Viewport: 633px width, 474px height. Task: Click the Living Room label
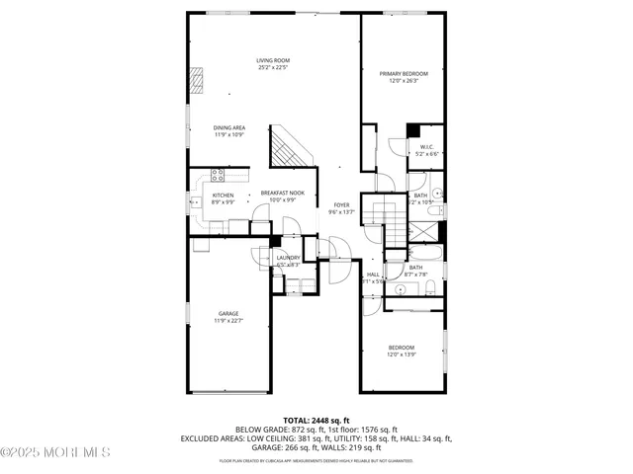pyautogui.click(x=273, y=61)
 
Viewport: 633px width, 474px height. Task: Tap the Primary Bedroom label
pyautogui.click(x=404, y=74)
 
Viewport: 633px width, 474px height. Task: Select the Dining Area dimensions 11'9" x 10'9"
pyautogui.click(x=229, y=134)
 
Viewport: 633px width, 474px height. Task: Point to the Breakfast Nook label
pyautogui.click(x=282, y=193)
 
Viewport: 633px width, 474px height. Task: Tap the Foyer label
pyautogui.click(x=341, y=203)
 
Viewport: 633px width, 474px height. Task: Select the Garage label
pyautogui.click(x=228, y=313)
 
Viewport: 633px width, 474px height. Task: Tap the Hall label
pyautogui.click(x=373, y=275)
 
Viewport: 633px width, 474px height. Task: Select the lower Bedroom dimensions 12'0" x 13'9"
pyautogui.click(x=402, y=355)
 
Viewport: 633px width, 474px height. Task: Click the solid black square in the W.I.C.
pyautogui.click(x=413, y=132)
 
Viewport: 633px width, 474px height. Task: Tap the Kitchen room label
pyautogui.click(x=224, y=195)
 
